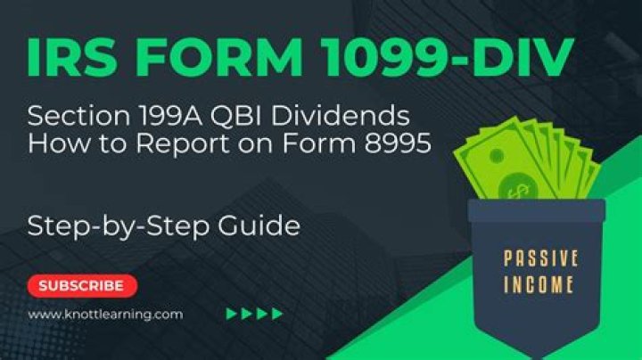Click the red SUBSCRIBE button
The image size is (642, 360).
point(82,286)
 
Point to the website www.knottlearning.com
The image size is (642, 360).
point(105,314)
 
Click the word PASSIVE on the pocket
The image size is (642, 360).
point(541,259)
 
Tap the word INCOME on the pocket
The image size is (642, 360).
point(541,287)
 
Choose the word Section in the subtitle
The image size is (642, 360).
point(65,116)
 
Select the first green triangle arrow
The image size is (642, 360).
point(232,314)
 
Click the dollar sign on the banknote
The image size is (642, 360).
point(516,189)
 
